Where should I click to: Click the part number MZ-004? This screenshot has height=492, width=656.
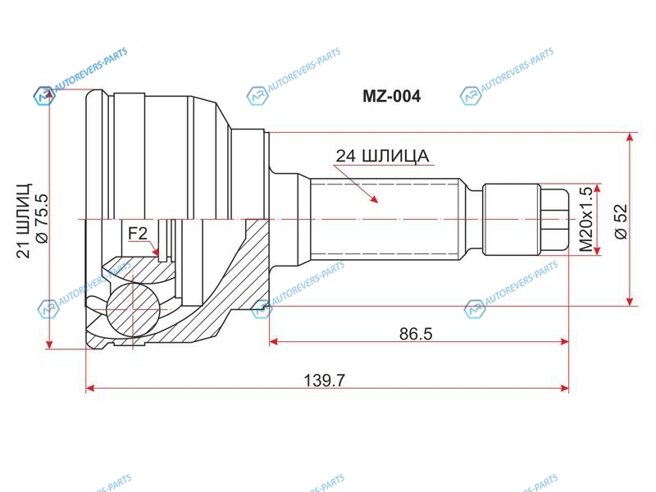click(391, 97)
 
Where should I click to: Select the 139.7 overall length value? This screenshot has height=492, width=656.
click(324, 380)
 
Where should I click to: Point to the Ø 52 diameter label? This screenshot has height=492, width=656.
click(622, 221)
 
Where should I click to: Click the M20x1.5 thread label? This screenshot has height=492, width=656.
click(586, 219)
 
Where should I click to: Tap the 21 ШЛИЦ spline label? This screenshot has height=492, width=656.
click(24, 221)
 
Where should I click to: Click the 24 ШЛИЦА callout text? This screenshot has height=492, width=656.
click(382, 156)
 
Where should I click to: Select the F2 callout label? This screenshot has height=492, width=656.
click(138, 234)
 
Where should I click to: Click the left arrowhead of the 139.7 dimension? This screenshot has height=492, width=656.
click(91, 388)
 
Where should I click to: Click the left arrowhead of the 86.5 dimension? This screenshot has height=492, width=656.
click(274, 342)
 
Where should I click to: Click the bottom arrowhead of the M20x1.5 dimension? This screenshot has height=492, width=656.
click(599, 250)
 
